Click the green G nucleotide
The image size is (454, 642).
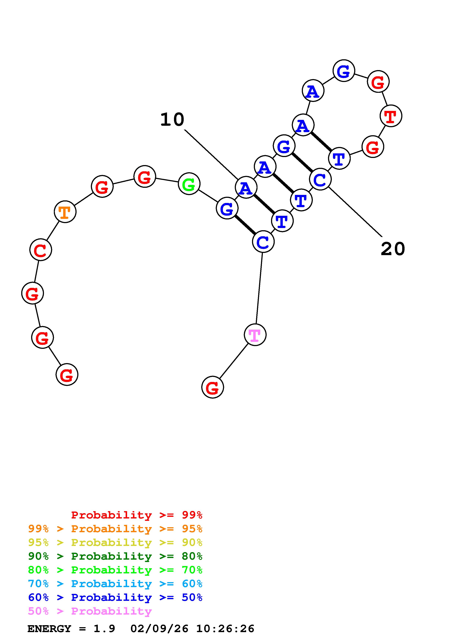coord(189,184)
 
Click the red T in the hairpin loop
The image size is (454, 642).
coord(391,116)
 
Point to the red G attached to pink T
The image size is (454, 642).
coord(213,387)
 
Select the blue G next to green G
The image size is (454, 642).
coord(227,208)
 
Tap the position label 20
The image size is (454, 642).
coord(393,249)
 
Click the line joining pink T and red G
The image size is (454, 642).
coord(234,361)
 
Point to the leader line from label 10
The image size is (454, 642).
coord(211,154)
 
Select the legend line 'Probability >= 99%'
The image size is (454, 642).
coord(136,515)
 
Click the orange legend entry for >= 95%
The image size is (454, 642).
coord(115,529)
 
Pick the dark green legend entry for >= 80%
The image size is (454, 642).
coord(115,556)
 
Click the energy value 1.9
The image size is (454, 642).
coord(104,629)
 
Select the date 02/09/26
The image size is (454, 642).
coord(159,629)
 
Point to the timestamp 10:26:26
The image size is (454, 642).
coord(225,629)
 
